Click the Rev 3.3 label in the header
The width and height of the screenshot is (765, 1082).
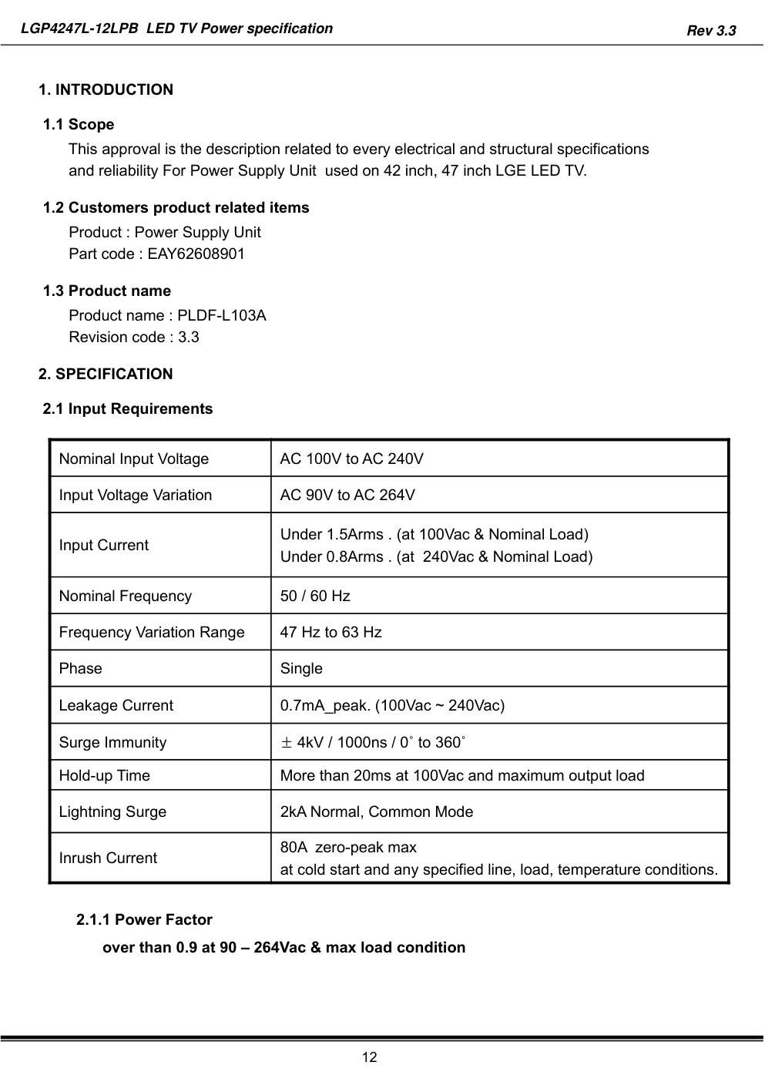coord(711,31)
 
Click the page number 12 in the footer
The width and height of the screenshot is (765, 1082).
coord(371,1057)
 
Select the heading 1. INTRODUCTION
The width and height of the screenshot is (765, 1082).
coord(106,90)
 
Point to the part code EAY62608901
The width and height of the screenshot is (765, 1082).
coord(196,254)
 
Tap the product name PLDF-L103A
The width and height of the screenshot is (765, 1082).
coord(222,316)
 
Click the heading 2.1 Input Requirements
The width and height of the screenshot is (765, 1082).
coord(128,409)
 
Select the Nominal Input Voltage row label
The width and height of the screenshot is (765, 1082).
coord(134,459)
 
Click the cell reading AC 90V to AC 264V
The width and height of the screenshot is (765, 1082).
coord(347,496)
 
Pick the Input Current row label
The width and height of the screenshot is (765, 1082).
coord(104,546)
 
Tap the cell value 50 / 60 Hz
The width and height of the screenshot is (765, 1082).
coord(315,596)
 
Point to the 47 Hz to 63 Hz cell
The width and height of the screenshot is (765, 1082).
coord(331,633)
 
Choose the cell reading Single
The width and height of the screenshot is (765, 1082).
coord(301,669)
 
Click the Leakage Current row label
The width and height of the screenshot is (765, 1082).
coord(116,706)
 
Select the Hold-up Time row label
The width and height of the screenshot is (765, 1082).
coord(105,776)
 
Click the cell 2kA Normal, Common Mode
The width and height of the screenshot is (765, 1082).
coord(377,812)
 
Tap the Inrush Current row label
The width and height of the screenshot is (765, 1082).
coord(108,859)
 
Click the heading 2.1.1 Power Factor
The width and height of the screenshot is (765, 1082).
coord(145,920)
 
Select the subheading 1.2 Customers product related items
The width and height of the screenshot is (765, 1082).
coord(176,208)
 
